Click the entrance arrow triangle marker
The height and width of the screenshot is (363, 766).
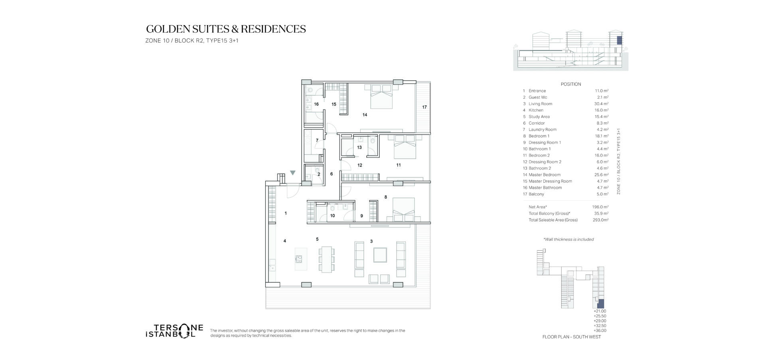pyautogui.click(x=293, y=173)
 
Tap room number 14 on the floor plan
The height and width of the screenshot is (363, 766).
pyautogui.click(x=365, y=115)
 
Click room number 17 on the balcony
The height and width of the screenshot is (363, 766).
pyautogui.click(x=424, y=107)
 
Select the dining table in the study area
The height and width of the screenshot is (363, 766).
pyautogui.click(x=327, y=259)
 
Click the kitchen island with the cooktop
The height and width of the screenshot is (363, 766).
pyautogui.click(x=301, y=259)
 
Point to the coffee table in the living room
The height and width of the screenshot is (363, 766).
pyautogui.click(x=380, y=255)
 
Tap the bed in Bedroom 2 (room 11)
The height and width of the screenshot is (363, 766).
pyautogui.click(x=405, y=147)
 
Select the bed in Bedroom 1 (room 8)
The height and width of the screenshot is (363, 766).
pyautogui.click(x=404, y=209)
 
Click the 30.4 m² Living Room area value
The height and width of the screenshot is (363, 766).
pyautogui.click(x=601, y=104)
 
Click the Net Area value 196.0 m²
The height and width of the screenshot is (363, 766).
pyautogui.click(x=600, y=207)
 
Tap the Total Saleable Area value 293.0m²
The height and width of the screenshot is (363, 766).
pyautogui.click(x=600, y=220)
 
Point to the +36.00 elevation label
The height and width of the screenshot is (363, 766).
pyautogui.click(x=600, y=331)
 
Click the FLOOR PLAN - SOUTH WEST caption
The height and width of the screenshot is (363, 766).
pyautogui.click(x=572, y=337)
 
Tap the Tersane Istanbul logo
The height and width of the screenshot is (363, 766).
pyautogui.click(x=174, y=331)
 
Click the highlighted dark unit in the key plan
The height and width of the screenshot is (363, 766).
pyautogui.click(x=601, y=303)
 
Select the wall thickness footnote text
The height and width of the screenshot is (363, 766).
pyautogui.click(x=569, y=240)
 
